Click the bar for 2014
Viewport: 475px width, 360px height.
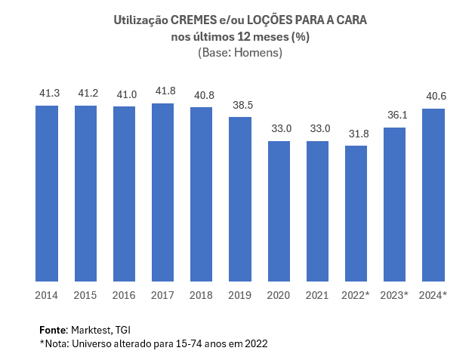pos(47,193)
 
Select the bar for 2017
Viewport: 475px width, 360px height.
pos(162,192)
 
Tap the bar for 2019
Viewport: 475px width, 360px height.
pos(240,199)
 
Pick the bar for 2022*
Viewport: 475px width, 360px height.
pos(356,214)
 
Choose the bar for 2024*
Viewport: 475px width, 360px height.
pos(433,195)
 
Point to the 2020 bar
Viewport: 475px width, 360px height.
pos(279,211)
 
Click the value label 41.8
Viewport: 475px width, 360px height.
pos(162,91)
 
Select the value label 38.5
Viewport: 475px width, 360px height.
pos(240,106)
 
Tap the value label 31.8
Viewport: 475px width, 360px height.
pos(356,134)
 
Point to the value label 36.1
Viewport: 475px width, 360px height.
pos(395,115)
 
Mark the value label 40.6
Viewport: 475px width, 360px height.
pos(433,97)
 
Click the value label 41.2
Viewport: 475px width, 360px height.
pos(85,94)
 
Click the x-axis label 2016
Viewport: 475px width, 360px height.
pos(124,294)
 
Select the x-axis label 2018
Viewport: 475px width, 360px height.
pos(201,294)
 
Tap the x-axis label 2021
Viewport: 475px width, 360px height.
pos(317,294)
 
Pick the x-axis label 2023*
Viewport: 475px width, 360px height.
pos(395,294)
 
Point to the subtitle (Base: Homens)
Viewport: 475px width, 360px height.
pos(240,53)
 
